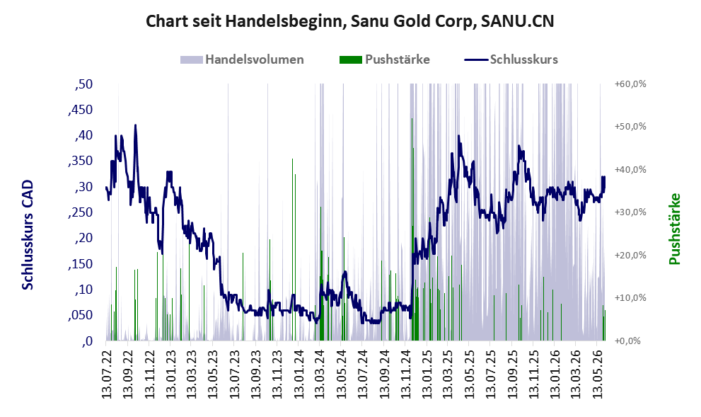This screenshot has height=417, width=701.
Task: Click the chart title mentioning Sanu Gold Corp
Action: [x=349, y=21]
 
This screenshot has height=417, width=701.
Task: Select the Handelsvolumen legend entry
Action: [x=242, y=59]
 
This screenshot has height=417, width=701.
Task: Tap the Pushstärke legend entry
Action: [x=385, y=59]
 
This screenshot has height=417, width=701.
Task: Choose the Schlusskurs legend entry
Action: [x=511, y=59]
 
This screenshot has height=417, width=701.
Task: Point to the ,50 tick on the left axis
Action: [x=83, y=84]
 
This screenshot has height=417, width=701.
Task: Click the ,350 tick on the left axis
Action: [x=81, y=161]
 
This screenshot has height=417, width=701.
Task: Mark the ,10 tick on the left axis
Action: [x=83, y=290]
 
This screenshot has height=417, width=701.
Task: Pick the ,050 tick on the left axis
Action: [x=81, y=316]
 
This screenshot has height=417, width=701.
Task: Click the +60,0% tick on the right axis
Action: [x=630, y=84]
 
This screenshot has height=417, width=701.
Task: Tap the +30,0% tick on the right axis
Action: [x=630, y=212]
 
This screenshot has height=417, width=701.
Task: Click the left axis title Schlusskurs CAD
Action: [x=28, y=235]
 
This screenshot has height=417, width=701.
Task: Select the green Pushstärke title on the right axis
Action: [x=674, y=229]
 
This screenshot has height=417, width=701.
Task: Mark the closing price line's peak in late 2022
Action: [x=136, y=125]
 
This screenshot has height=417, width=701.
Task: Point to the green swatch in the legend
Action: [x=351, y=60]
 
